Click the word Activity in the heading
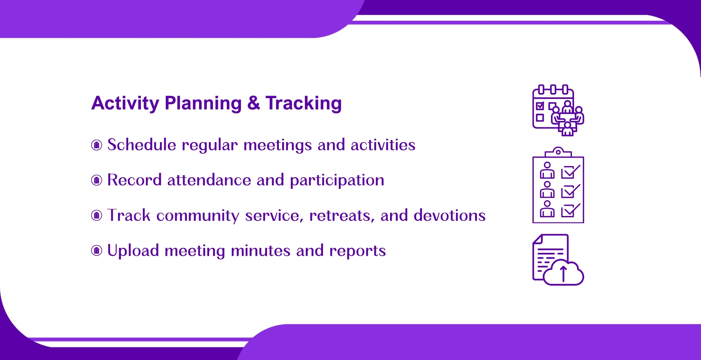(x=125, y=104)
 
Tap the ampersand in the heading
(x=254, y=103)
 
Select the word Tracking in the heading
(x=304, y=104)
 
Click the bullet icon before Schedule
(x=97, y=145)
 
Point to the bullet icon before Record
(x=97, y=180)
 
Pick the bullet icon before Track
(x=97, y=215)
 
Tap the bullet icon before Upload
(x=97, y=251)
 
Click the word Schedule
(x=142, y=145)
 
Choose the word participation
(x=337, y=181)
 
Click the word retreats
(x=342, y=216)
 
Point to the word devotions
(x=449, y=215)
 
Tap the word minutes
(x=261, y=251)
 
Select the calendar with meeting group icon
(x=558, y=110)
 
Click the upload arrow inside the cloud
(x=563, y=274)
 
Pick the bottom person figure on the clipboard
(x=547, y=209)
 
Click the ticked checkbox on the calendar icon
(x=540, y=106)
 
